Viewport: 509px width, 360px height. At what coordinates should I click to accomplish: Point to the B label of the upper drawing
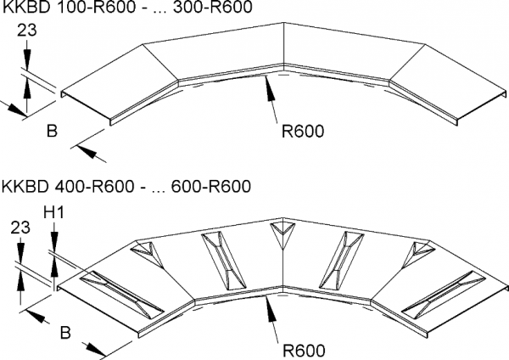(x=52, y=132)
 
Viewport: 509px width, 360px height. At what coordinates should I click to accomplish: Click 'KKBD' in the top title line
(x=25, y=8)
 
